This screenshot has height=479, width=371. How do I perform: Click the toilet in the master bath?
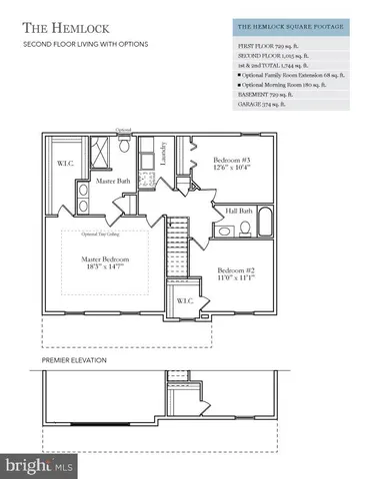click(124, 146)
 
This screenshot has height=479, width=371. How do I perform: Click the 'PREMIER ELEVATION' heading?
click(74, 359)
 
